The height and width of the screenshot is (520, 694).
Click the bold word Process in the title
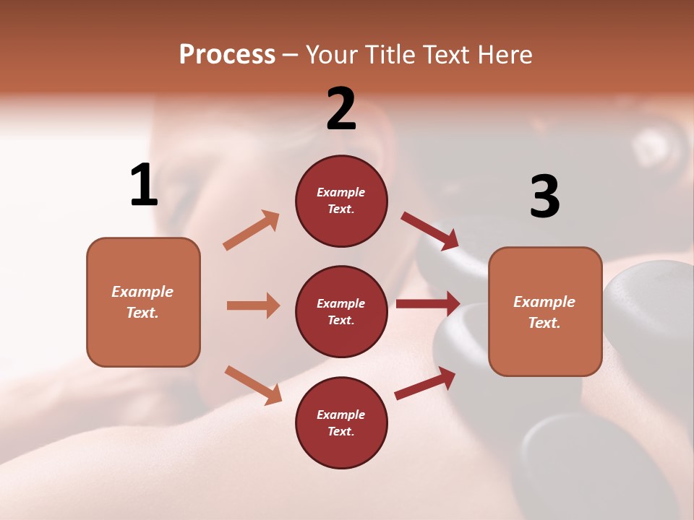[x=227, y=55]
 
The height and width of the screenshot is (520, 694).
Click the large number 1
[x=144, y=186]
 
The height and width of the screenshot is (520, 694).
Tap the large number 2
[x=341, y=109]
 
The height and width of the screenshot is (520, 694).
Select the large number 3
[x=544, y=196]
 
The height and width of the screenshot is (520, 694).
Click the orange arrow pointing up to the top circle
[x=252, y=230]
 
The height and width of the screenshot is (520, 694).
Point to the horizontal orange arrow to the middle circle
[x=253, y=305]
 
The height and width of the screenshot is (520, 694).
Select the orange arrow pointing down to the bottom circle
[x=253, y=385]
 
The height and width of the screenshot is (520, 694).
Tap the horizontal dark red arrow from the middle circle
[x=428, y=303]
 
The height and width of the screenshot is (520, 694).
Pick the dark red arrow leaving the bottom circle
[x=425, y=383]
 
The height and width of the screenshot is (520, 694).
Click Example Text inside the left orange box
[x=142, y=302]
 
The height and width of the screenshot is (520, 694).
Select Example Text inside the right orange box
[x=544, y=312]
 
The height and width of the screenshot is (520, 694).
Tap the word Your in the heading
[x=332, y=55]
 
